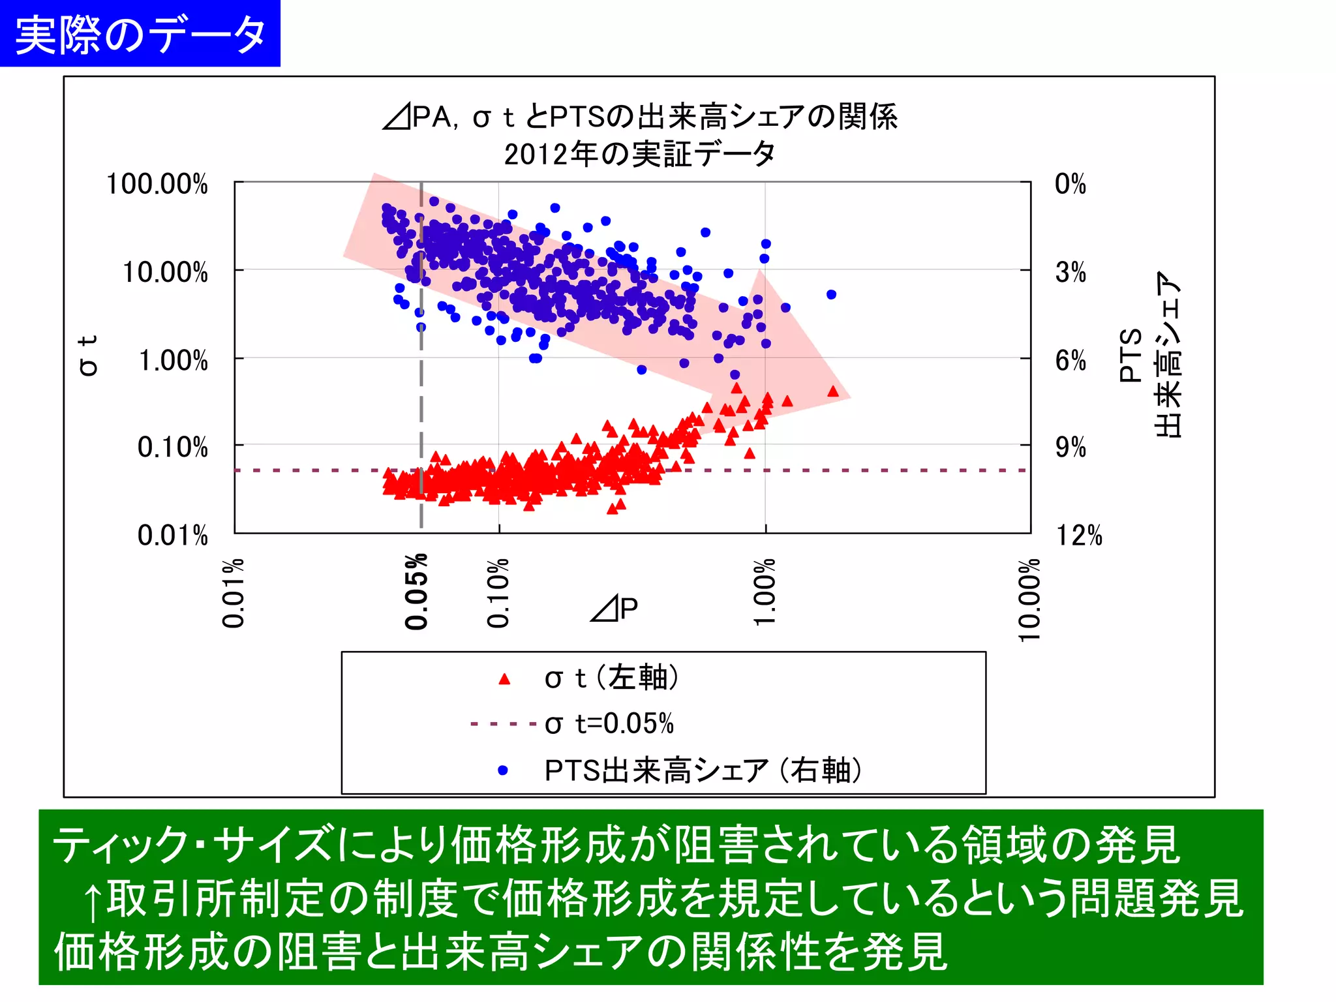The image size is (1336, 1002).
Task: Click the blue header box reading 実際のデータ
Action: [x=140, y=34]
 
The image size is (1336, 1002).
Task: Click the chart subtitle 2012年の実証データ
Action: [x=639, y=155]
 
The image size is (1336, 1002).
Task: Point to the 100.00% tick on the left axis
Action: [x=157, y=184]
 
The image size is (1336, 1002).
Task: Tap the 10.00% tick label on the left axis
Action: [x=165, y=272]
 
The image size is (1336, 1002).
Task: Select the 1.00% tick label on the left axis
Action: [x=173, y=360]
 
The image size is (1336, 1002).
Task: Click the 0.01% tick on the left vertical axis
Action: [x=172, y=535]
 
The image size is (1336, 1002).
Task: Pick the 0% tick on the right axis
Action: [x=1070, y=184]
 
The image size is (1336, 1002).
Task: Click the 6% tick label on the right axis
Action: [x=1070, y=360]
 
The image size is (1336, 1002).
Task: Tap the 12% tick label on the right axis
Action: [x=1078, y=535]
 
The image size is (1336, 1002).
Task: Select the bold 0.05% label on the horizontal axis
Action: [x=416, y=592]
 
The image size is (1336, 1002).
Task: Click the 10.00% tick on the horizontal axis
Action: [x=1029, y=599]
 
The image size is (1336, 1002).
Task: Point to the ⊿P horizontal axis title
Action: [x=614, y=608]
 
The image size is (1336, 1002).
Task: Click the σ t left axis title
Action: [x=88, y=356]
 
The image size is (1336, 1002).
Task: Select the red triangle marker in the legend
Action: [x=504, y=679]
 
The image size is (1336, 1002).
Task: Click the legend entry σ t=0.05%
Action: [x=609, y=723]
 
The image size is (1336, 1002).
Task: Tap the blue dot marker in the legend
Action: [x=503, y=770]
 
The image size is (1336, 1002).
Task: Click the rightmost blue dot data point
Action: [x=831, y=294]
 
